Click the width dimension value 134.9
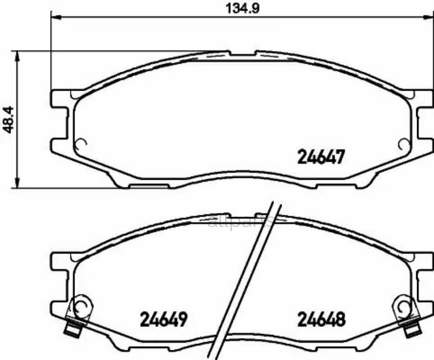240,8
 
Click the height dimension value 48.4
8,119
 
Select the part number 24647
321,157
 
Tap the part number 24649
163,319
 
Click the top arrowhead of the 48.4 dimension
18,54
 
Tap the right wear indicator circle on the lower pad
403,307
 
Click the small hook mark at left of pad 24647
81,143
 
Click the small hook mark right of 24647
403,143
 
